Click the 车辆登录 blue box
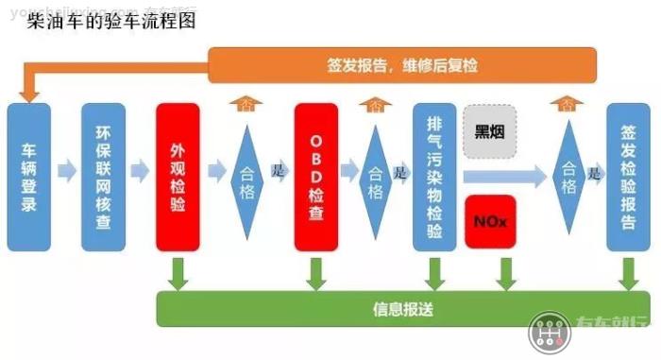(28, 177)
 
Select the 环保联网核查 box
(103, 177)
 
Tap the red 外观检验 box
(178, 177)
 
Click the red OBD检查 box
(316, 177)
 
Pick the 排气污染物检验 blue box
(435, 177)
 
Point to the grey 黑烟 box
(490, 131)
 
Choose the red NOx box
(490, 221)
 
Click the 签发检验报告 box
(628, 177)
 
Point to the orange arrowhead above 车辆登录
(28, 92)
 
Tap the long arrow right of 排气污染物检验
(505, 175)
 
